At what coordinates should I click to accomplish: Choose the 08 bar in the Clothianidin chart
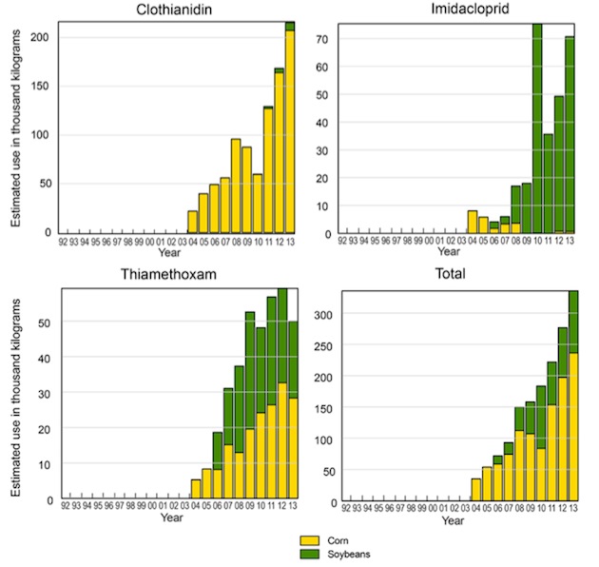tap(236, 186)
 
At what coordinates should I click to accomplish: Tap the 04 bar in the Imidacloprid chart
tap(473, 222)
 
